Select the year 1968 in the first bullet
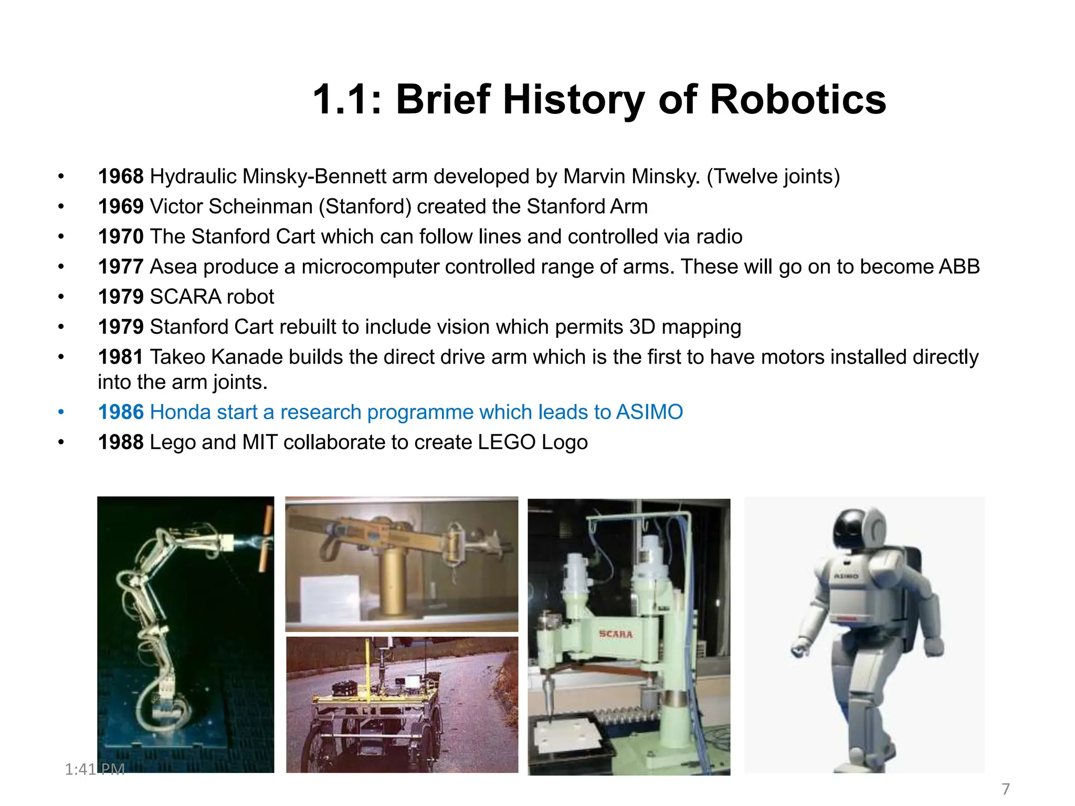coord(121,176)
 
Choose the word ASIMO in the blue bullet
coord(649,412)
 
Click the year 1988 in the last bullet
coord(121,442)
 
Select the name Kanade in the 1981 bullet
coord(247,357)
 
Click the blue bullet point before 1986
coord(61,412)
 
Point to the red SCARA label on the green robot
coord(616,634)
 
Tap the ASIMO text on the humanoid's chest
coord(846,576)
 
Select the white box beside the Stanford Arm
coord(330,598)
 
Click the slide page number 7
coord(1005,789)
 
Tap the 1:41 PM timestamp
coord(94,769)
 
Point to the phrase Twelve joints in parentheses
coord(773,176)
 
